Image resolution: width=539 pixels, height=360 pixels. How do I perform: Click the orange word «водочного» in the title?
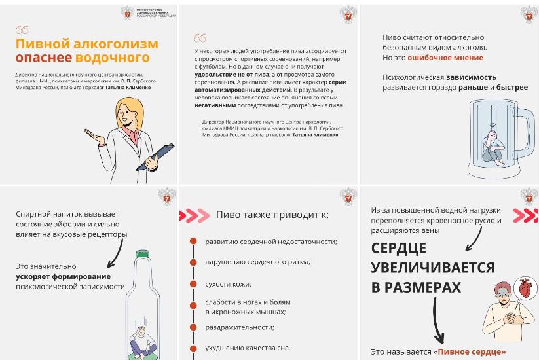tap(103, 58)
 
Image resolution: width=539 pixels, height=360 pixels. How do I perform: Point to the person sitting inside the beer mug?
tap(489, 148)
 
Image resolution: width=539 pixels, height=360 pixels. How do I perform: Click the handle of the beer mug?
tap(528, 140)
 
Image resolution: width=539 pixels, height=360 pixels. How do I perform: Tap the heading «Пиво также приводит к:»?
tap(272, 215)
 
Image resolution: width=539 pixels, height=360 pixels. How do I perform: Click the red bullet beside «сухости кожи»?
tap(193, 283)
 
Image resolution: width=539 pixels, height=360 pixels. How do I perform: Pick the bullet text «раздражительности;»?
tap(239, 327)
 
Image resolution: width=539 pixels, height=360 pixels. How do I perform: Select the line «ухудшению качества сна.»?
tap(247, 348)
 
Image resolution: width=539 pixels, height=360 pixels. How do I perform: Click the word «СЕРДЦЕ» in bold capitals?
tap(398, 248)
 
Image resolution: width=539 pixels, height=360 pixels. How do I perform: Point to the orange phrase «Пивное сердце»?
tap(472, 351)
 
